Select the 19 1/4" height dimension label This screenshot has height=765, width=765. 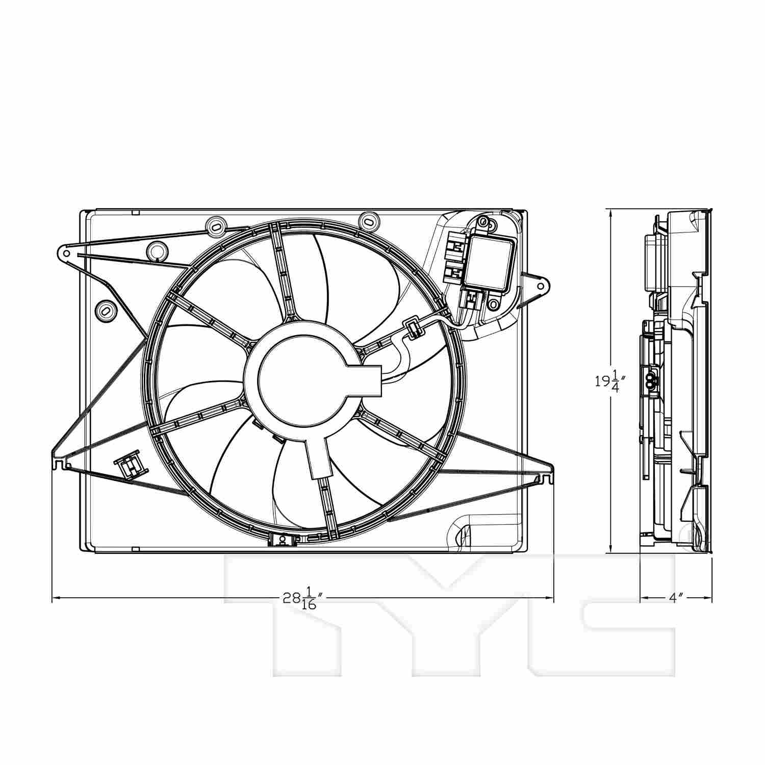[610, 380]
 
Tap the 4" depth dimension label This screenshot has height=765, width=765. [676, 597]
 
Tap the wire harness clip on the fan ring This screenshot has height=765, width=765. [414, 328]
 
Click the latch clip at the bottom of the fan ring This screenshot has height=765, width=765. [279, 540]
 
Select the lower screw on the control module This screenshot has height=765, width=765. [493, 304]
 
